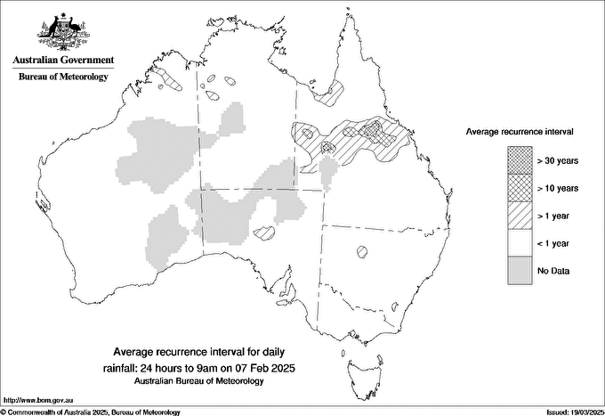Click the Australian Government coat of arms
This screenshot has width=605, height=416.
pyautogui.click(x=63, y=31)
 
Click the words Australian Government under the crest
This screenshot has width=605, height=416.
pyautogui.click(x=63, y=61)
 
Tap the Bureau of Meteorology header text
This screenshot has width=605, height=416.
pyautogui.click(x=63, y=77)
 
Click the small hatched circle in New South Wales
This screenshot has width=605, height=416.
pyautogui.click(x=362, y=251)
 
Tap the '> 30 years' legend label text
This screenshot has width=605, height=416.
pyautogui.click(x=558, y=160)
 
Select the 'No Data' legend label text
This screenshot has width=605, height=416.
pyautogui.click(x=554, y=270)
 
